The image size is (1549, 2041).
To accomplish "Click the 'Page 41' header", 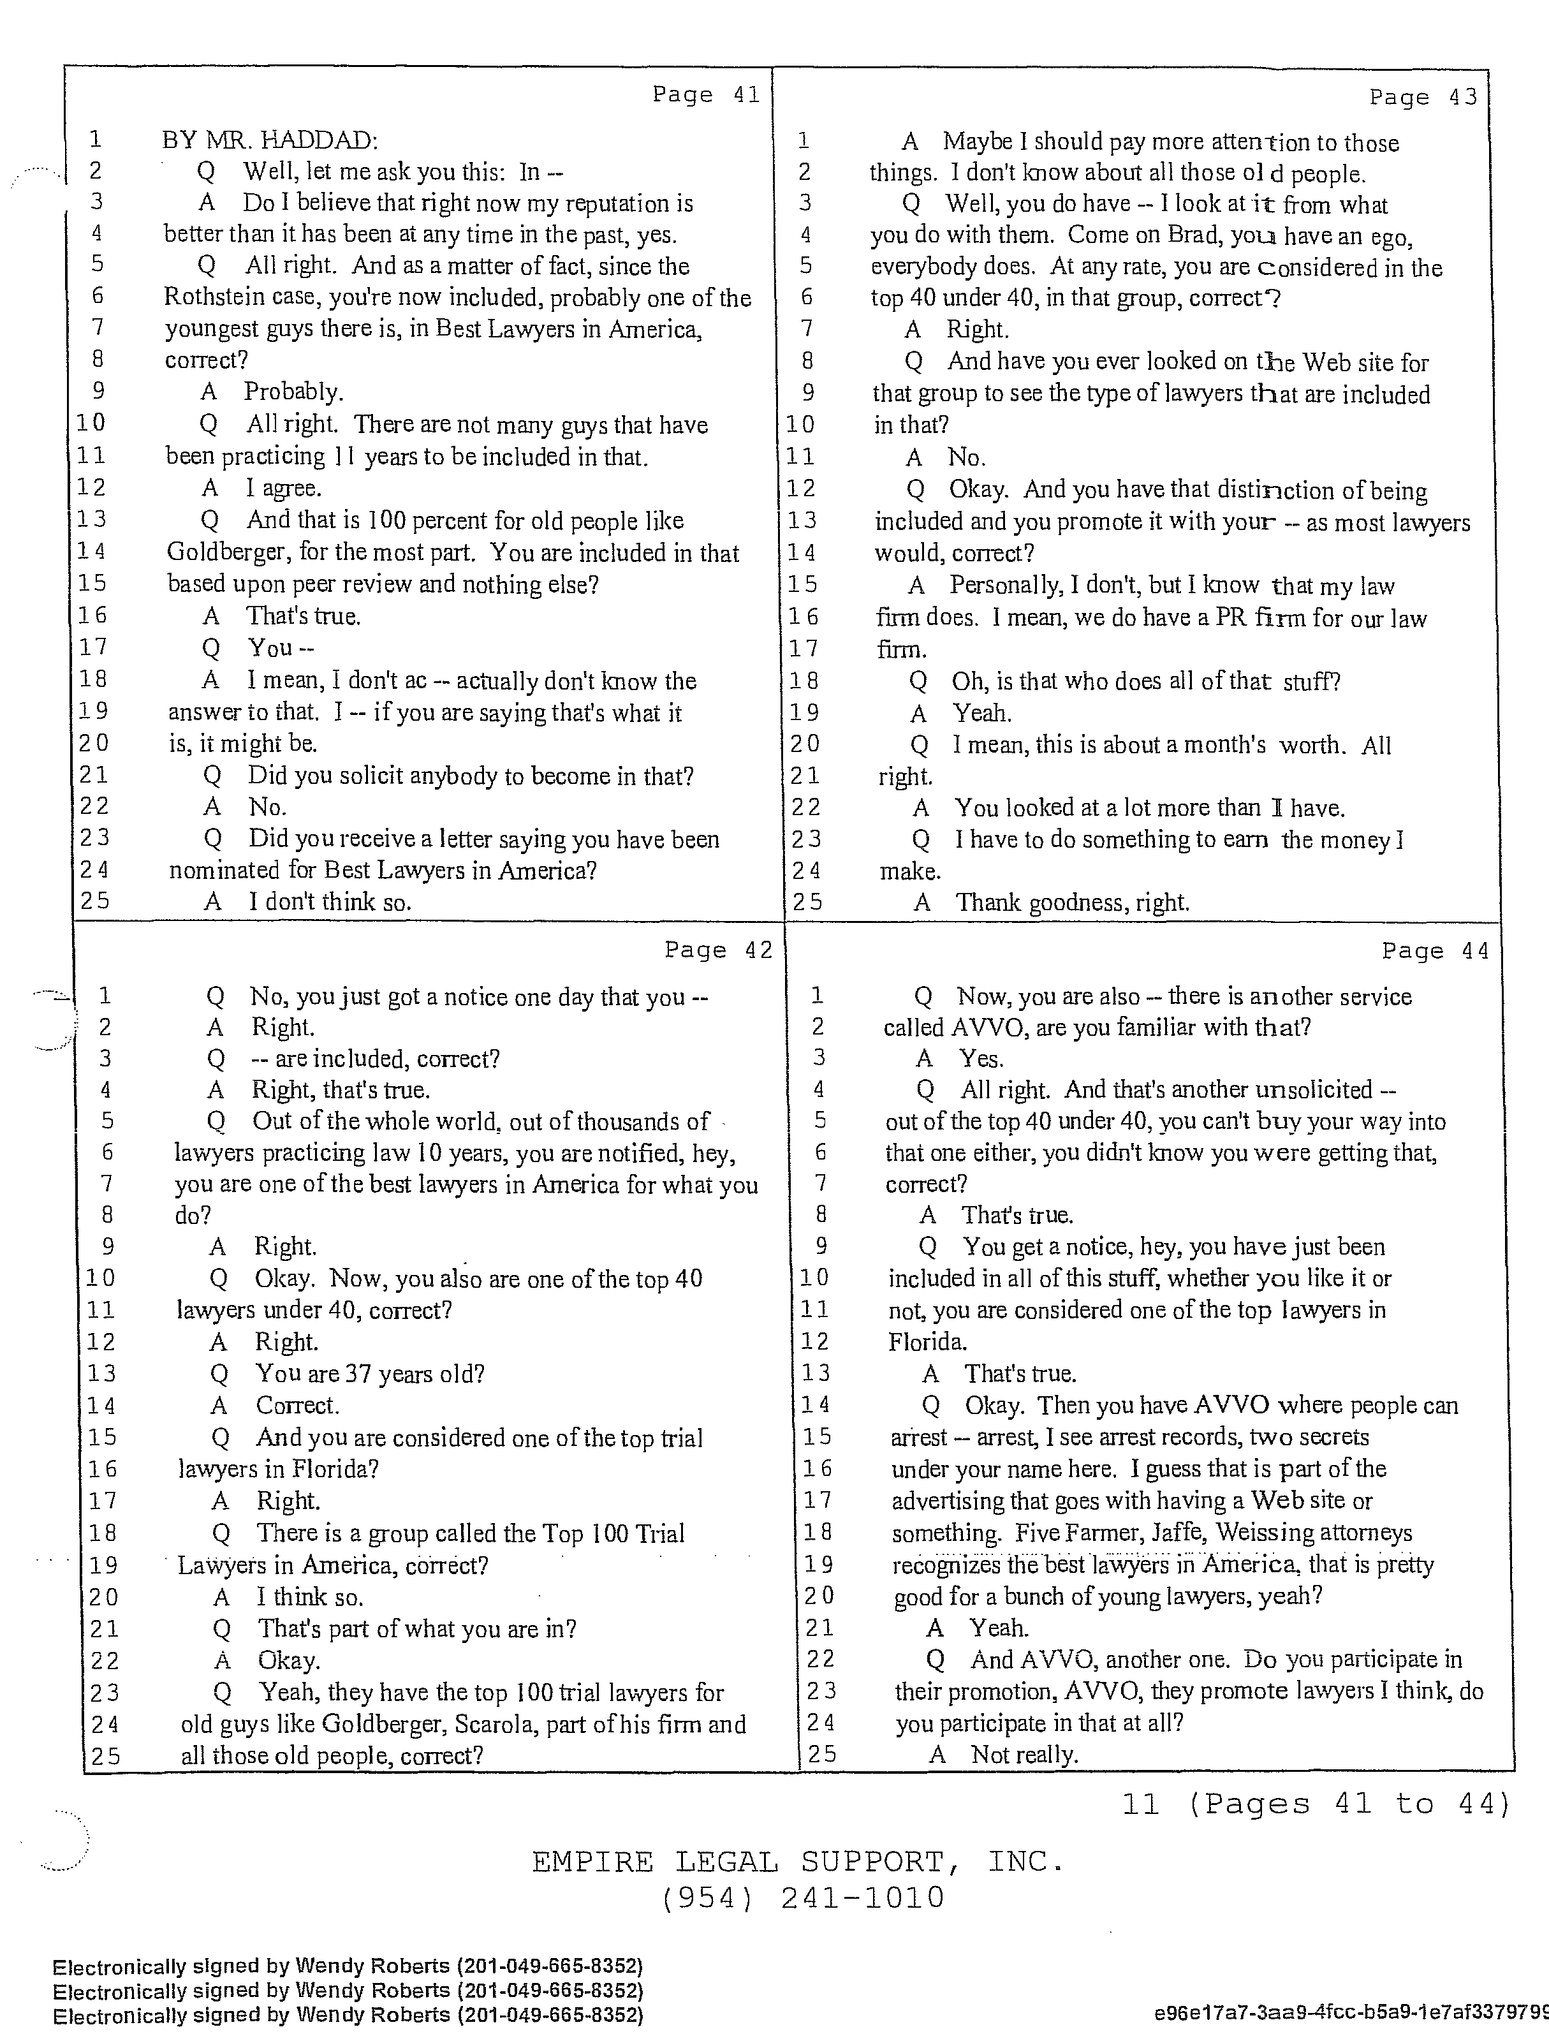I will point(706,94).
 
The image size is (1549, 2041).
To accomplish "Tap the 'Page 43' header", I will point(1423,97).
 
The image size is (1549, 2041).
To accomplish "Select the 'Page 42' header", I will point(718,950).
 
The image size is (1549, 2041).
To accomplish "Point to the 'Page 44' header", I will point(1435,950).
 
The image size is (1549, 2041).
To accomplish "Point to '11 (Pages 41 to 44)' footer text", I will point(1316,1803).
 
